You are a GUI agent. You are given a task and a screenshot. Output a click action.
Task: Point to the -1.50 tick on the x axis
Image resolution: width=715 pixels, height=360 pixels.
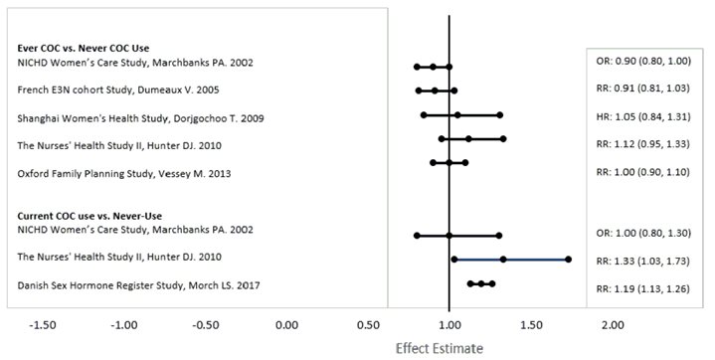click(43, 324)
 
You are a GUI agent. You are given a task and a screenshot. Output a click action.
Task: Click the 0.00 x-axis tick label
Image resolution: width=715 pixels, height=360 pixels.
click(286, 324)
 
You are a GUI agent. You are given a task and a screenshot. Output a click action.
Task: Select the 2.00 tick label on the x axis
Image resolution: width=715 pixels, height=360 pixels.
click(613, 324)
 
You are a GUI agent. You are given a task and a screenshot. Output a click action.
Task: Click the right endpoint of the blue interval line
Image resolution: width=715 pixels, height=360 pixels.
click(568, 259)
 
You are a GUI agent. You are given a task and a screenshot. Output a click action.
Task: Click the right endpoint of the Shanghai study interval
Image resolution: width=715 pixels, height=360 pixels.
click(500, 115)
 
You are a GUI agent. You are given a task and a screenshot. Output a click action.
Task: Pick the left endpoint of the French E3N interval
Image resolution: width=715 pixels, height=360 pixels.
click(419, 90)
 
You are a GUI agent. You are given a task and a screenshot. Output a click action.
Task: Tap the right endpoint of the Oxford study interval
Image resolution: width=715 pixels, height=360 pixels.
click(465, 161)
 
